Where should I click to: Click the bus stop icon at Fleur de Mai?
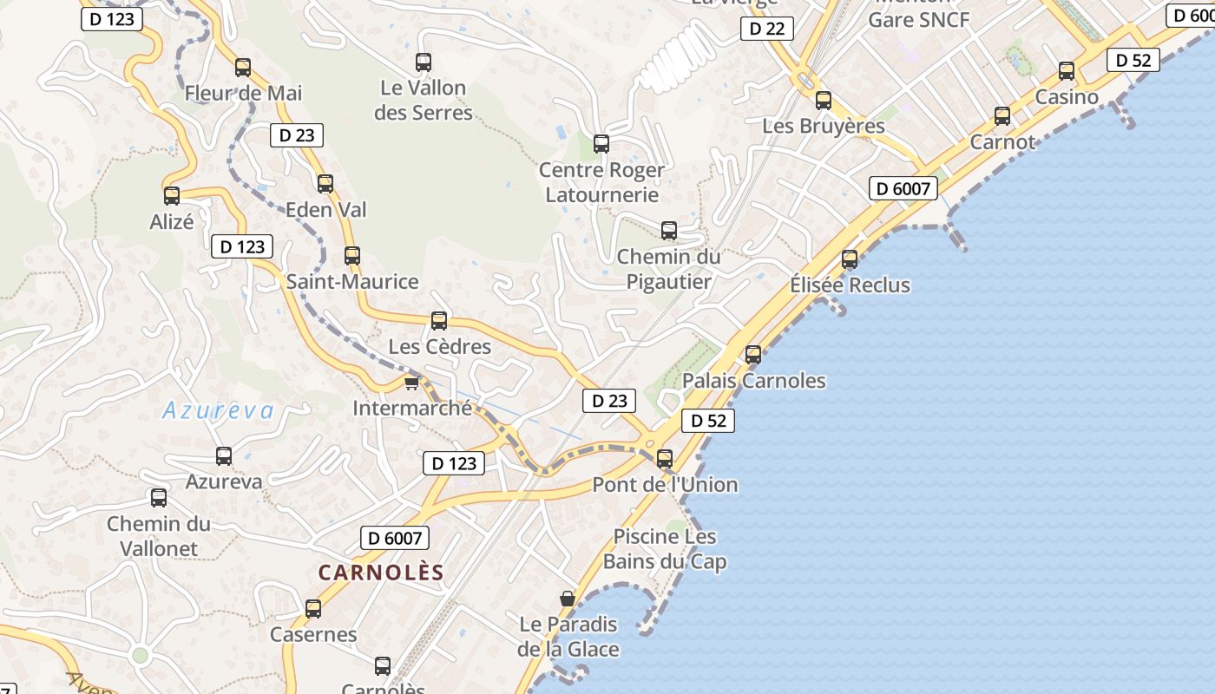[x=243, y=67]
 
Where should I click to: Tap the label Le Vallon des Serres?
[x=424, y=100]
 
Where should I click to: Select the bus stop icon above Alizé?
[x=172, y=196]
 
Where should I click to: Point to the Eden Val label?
[x=326, y=209]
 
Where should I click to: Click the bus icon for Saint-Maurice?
[x=352, y=256]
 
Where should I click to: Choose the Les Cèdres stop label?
[x=439, y=347]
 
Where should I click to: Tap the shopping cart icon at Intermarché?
[x=412, y=383]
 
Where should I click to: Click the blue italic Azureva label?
[x=218, y=410]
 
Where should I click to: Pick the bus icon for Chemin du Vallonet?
[x=159, y=498]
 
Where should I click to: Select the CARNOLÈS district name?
[x=381, y=573]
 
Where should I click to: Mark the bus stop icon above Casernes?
[x=313, y=609]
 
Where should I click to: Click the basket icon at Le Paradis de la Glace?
[x=568, y=599]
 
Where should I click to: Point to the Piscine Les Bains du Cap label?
[x=665, y=549]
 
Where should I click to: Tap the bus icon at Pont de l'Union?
[x=665, y=459]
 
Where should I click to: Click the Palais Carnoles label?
[x=753, y=381]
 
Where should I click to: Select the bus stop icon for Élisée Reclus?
[x=850, y=259]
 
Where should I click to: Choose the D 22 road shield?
[x=767, y=29]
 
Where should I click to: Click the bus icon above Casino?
[x=1067, y=71]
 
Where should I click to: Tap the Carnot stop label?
[x=1002, y=141]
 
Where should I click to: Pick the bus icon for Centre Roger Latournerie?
[x=601, y=144]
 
